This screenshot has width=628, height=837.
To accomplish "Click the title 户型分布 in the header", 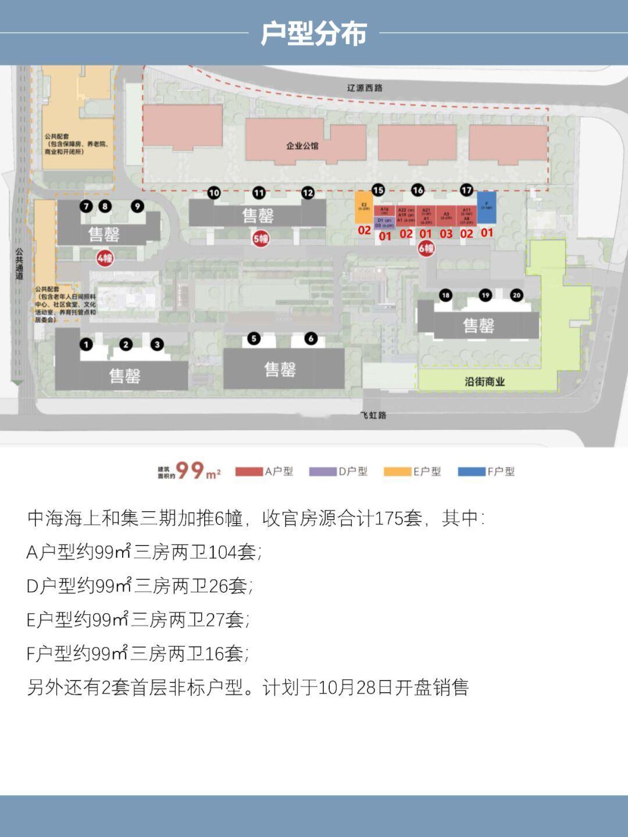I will [313, 33].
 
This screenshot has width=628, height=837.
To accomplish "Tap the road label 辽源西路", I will [365, 88].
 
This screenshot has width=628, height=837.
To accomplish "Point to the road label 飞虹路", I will [373, 415].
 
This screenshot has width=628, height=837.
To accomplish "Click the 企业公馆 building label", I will [302, 145].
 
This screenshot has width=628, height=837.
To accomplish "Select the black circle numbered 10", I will [214, 193].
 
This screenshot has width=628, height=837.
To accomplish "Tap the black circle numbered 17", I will [466, 190].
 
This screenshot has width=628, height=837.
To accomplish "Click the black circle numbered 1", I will [86, 344].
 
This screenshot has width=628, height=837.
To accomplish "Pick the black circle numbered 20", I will [516, 295].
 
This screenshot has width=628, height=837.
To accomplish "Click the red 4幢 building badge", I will [105, 258].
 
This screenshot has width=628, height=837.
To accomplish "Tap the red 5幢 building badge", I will [261, 238].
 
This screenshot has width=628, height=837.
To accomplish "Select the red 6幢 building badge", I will [426, 248].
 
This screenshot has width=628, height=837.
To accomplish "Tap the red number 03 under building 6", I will [446, 234].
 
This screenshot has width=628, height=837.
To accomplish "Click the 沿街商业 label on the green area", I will [484, 382].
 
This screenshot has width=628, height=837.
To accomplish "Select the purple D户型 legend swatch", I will [323, 471].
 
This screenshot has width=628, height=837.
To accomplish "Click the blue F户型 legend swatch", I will [472, 471].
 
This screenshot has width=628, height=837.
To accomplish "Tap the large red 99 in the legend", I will [190, 469].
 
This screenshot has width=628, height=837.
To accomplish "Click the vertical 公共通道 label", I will [19, 265].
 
